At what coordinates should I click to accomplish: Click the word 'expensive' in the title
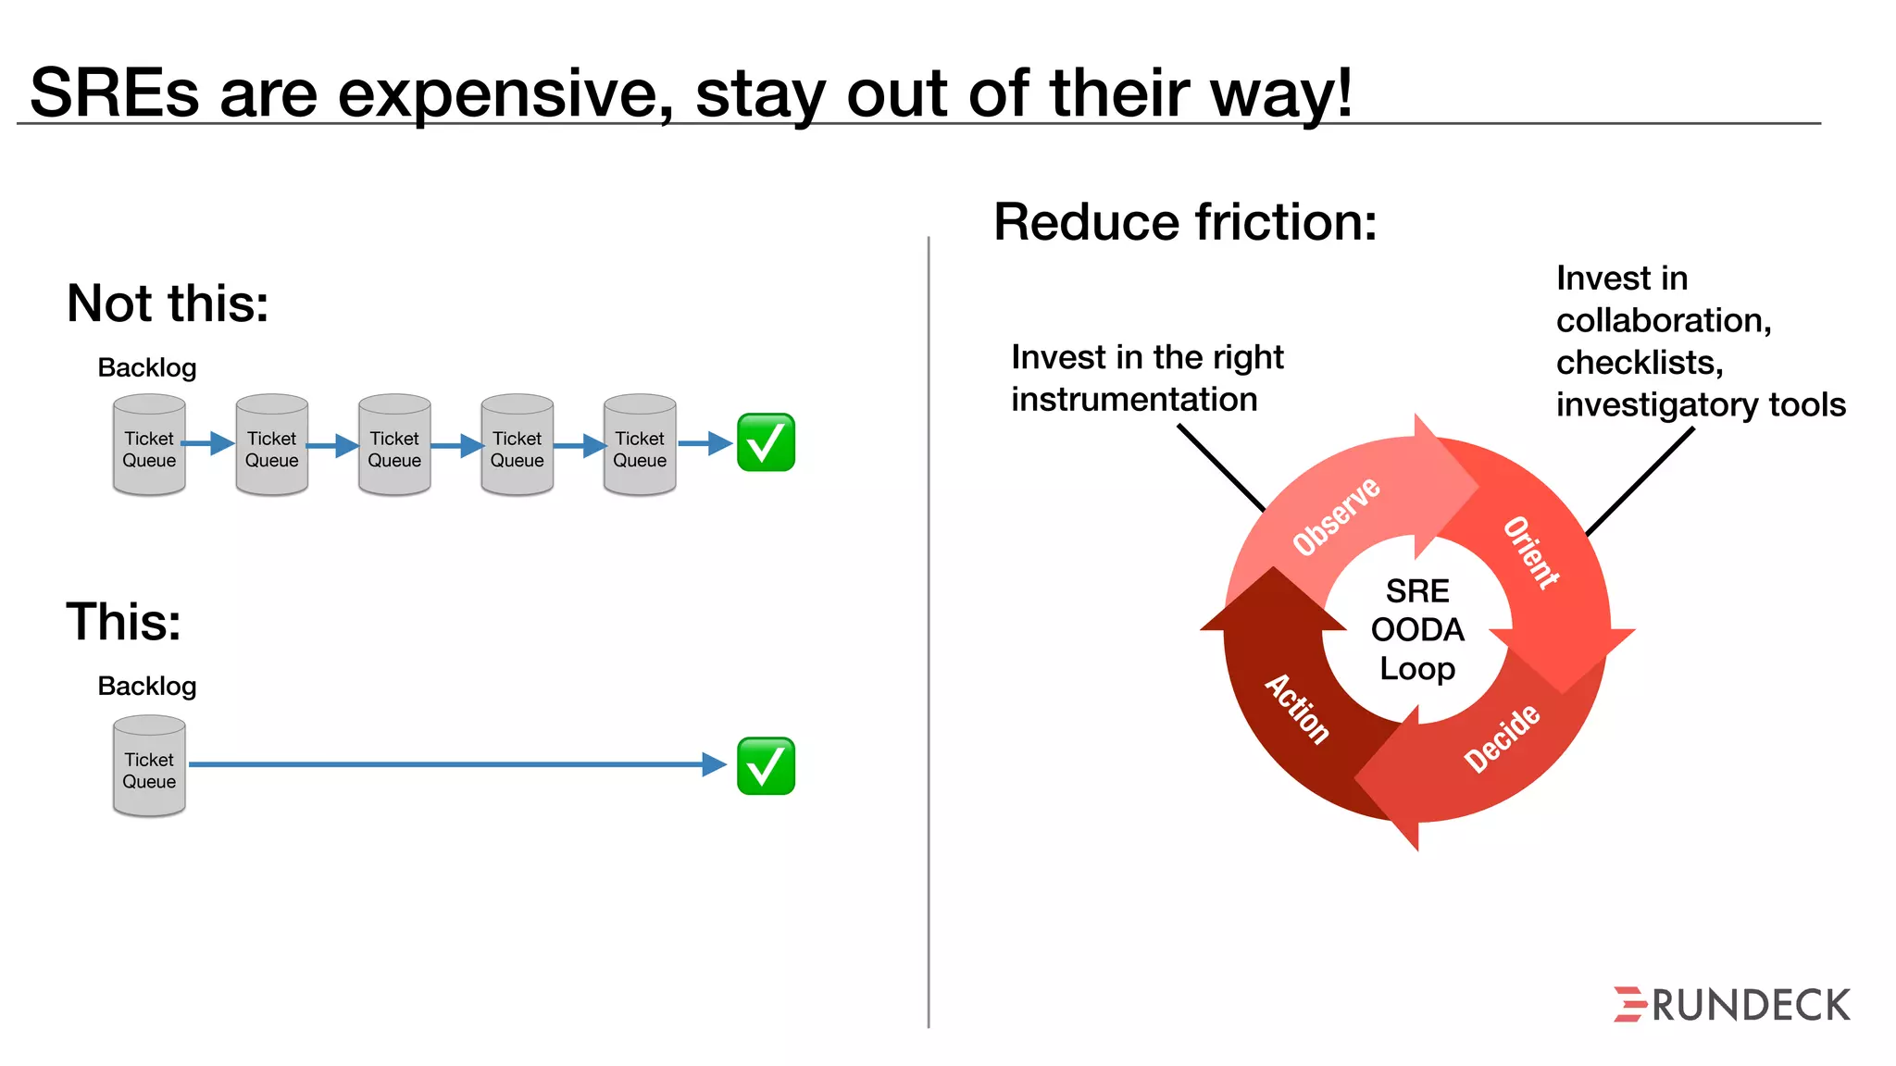pos(505,93)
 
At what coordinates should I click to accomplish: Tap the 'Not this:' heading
pos(168,304)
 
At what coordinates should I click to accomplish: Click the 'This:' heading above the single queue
pos(123,621)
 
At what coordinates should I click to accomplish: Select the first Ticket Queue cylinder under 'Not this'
pos(149,446)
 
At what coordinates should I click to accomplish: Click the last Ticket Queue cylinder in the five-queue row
pos(640,446)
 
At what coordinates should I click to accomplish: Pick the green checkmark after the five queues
pos(766,443)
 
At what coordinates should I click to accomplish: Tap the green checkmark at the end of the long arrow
pos(766,766)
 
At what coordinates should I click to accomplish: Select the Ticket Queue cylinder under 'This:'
pos(149,767)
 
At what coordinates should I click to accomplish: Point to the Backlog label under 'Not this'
pos(147,367)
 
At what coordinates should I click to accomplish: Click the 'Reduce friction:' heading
pos(1185,222)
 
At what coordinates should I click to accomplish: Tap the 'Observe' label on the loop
pos(1336,516)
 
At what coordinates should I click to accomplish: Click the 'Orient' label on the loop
pos(1530,552)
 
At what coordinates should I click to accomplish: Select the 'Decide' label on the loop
pos(1502,738)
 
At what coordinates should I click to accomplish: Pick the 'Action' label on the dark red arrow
pos(1297,709)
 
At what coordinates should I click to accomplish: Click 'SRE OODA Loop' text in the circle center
pos(1417,629)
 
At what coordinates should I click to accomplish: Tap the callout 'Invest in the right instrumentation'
pos(1146,378)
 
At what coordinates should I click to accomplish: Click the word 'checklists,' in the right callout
pos(1639,362)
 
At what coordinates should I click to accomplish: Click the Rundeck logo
pos(1731,1004)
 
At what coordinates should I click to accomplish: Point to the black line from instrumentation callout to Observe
pos(1220,467)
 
